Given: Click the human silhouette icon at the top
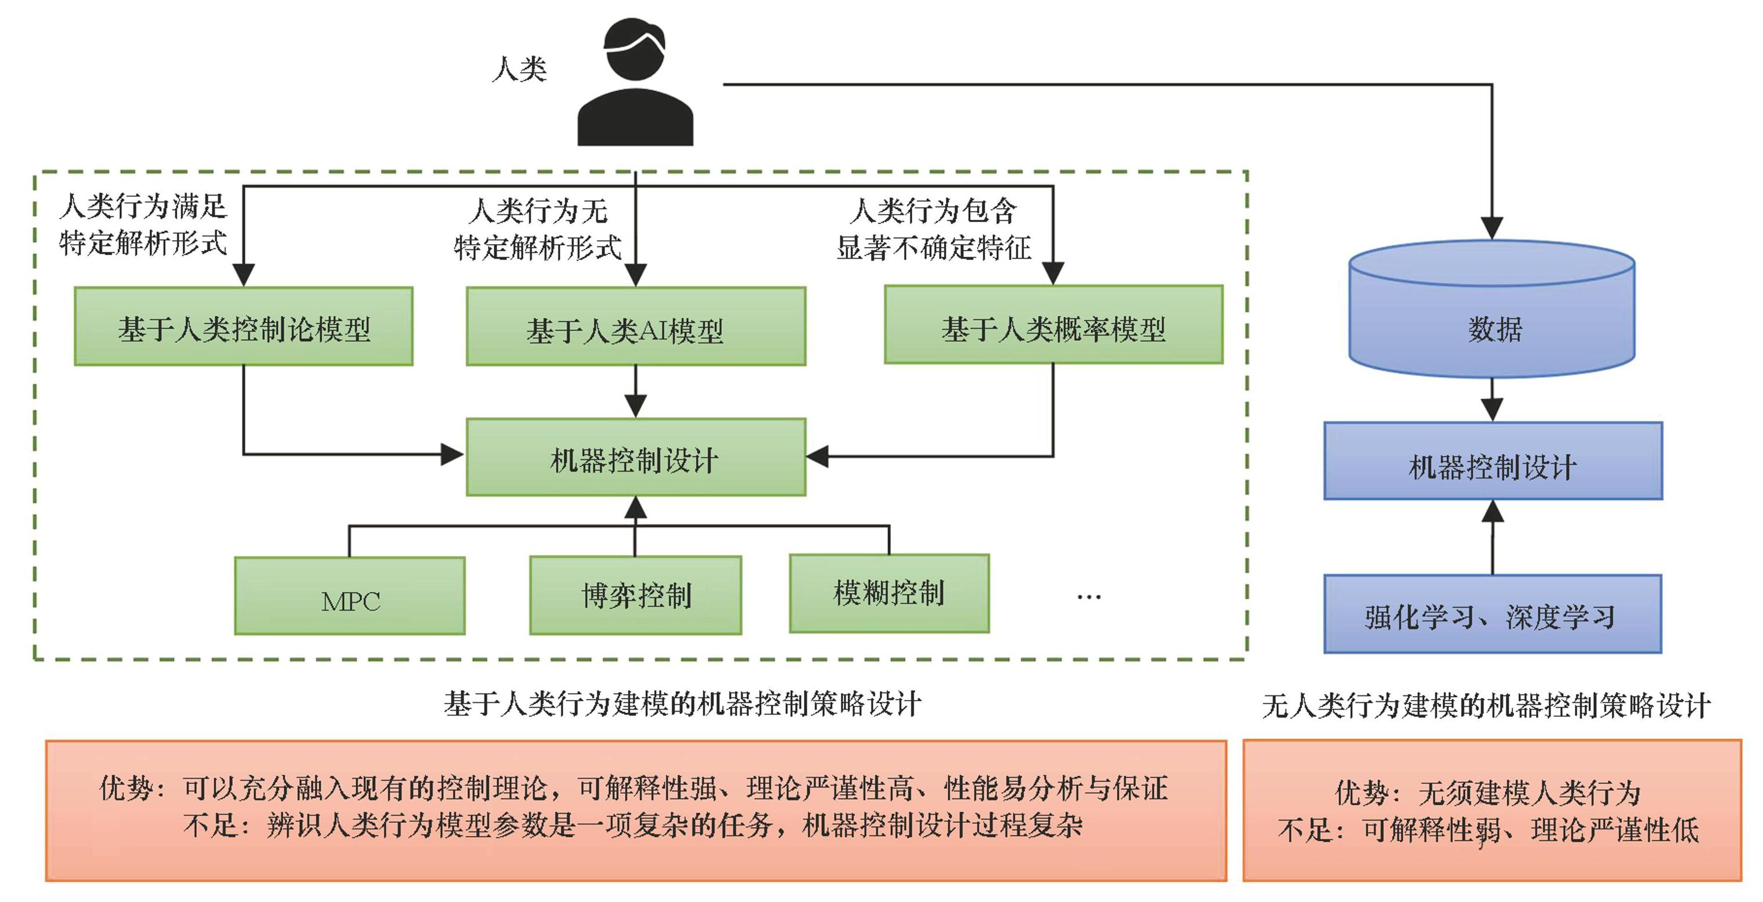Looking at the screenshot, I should (635, 82).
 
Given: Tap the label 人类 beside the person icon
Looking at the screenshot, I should (519, 69).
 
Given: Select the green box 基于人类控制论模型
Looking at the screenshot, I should (244, 326).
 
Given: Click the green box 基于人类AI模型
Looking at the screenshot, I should (636, 327).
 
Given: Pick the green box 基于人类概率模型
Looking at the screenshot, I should (1053, 325).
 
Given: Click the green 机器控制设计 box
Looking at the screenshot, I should (636, 457).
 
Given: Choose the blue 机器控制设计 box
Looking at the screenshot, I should (1493, 461).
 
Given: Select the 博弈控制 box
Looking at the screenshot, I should (636, 595).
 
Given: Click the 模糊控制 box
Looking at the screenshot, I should (889, 594).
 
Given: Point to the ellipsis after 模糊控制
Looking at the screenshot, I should (1088, 597).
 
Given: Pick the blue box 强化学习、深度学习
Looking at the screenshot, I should (1493, 614).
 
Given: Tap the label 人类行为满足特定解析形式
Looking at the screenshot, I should (142, 224).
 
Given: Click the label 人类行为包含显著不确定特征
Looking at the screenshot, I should (934, 229).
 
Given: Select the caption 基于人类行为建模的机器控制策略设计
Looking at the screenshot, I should (682, 704).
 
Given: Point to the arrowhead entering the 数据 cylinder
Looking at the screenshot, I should (1492, 229).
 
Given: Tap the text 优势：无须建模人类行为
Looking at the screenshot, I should (1488, 793).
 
